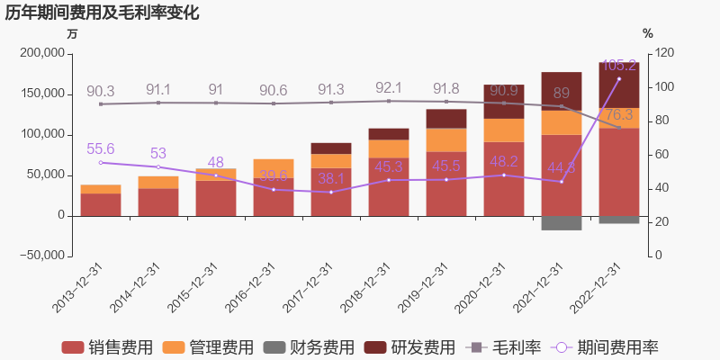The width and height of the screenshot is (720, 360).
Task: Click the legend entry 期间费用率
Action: coord(617,347)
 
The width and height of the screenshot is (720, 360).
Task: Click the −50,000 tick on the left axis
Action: coord(40,256)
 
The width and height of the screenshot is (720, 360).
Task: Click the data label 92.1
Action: coord(388,88)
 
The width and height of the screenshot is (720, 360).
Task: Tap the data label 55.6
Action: coord(100,149)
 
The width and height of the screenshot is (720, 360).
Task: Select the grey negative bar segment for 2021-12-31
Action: coord(562,222)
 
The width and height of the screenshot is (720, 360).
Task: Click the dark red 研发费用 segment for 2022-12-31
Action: coord(619,85)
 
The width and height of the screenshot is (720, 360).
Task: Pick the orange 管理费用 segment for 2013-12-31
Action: coord(101,189)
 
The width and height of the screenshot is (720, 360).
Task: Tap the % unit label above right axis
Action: coord(648,34)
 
